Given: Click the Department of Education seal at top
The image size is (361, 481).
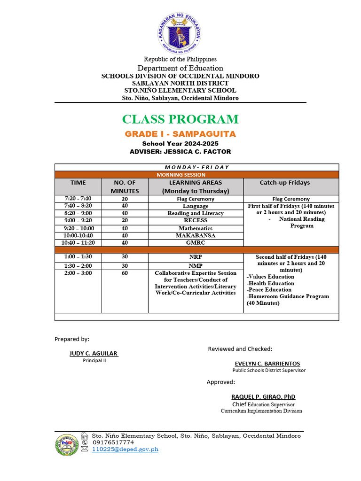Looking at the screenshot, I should pos(178,33).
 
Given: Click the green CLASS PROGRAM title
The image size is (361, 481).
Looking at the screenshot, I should pos(180,119).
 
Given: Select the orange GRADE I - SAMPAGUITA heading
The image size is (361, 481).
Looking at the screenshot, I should pos(180,134).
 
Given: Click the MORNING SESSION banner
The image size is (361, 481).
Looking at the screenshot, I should pos(196,175).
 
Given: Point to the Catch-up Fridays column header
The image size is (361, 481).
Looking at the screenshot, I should pos(291,183).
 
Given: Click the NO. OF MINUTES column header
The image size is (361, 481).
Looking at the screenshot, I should pos(125,186).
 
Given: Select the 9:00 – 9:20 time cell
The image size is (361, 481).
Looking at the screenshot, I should pos(78,220).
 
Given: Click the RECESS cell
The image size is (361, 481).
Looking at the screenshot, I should pos(196,220).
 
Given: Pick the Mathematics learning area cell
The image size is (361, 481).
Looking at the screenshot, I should pos(196,228).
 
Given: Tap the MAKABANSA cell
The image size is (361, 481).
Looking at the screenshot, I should pos(196,235).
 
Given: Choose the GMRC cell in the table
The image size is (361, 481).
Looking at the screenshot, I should pos(196,243).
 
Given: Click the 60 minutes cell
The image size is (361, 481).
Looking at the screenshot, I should pos(125,273).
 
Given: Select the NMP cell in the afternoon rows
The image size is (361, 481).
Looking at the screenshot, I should pos(196,266).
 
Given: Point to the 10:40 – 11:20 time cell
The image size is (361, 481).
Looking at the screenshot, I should pos(78,243).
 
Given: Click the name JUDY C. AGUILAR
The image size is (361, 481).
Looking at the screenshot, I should pos(94,353).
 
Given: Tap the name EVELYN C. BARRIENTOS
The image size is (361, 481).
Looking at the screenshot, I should pos(267,364).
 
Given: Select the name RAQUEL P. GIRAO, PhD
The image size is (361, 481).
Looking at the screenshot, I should pos(263,397).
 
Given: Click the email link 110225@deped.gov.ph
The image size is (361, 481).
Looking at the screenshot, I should pos(125,450).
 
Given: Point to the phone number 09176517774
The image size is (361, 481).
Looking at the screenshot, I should pos(113,442).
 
